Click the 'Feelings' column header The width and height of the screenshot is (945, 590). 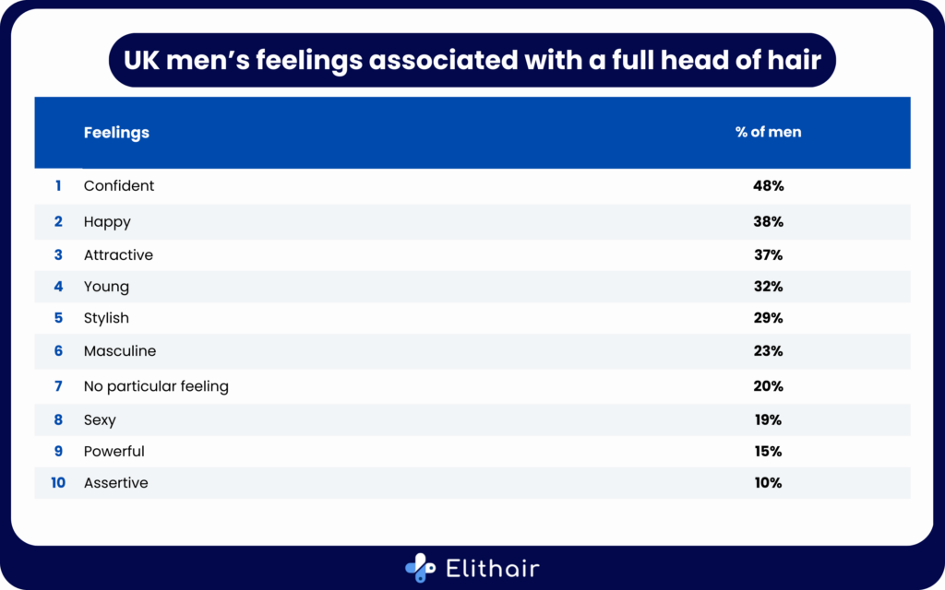(x=116, y=133)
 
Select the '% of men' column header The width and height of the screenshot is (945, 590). (x=768, y=132)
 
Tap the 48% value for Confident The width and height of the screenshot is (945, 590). (x=768, y=185)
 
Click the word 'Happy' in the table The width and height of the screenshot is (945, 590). (x=107, y=222)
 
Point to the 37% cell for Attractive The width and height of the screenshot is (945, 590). (x=768, y=255)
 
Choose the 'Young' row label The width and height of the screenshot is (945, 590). (x=106, y=287)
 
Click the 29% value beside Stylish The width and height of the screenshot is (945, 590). (x=768, y=318)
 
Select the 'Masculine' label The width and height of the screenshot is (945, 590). (x=120, y=351)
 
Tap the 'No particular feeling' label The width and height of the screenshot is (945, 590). (x=156, y=386)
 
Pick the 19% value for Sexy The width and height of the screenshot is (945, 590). (x=768, y=419)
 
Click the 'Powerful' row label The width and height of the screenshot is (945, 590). (x=114, y=452)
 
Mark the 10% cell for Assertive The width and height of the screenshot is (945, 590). (x=768, y=483)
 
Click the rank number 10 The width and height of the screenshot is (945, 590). (x=58, y=483)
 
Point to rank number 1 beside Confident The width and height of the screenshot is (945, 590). (x=58, y=185)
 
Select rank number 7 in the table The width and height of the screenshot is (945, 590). (x=58, y=386)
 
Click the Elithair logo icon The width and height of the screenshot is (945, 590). (x=421, y=568)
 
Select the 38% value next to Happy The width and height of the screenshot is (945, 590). (x=768, y=222)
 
